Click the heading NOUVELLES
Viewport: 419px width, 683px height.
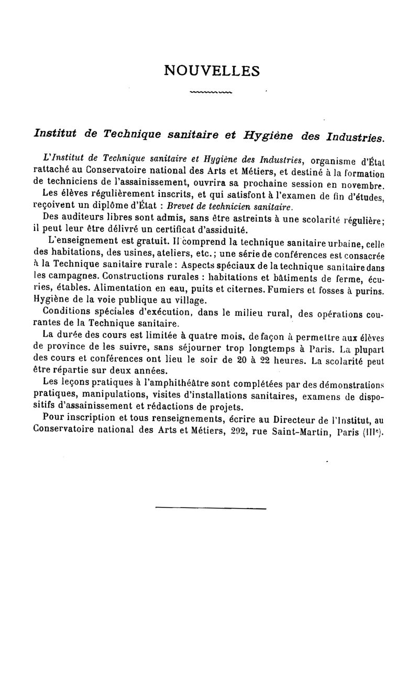pos(212,70)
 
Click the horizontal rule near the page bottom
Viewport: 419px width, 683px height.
pos(211,508)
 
